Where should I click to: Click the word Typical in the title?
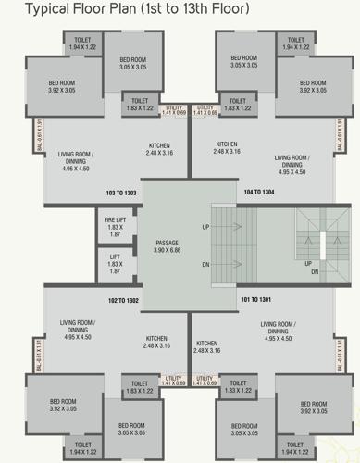(47, 11)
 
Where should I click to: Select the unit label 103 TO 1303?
(122, 193)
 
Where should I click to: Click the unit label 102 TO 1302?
(122, 301)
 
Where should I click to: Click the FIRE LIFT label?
(115, 223)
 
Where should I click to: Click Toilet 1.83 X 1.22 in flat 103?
(140, 105)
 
